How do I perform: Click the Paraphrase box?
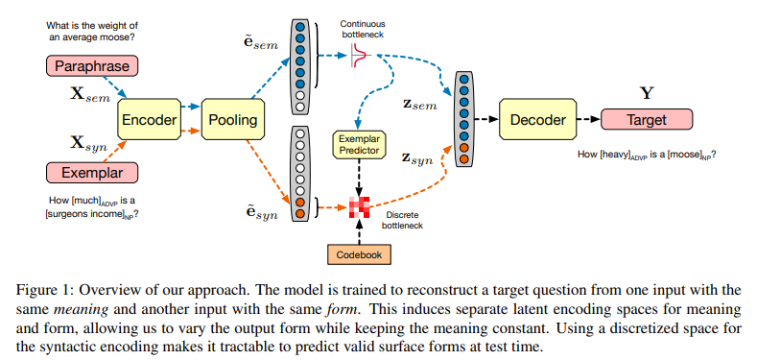(x=91, y=66)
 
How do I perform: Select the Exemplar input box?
(x=91, y=173)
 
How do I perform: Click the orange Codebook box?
(x=359, y=254)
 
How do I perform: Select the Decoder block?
(x=537, y=120)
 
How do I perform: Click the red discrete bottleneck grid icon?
(x=359, y=206)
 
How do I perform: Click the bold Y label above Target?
(x=646, y=94)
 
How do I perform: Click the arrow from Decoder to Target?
(x=586, y=120)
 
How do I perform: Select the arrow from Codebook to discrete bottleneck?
(x=359, y=232)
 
